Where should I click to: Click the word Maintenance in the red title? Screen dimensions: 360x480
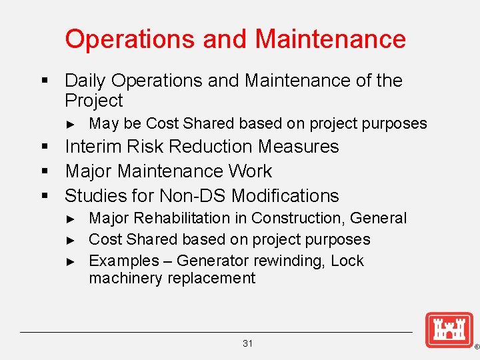coord(330,39)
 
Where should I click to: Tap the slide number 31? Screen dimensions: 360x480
coord(248,343)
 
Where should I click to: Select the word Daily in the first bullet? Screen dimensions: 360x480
coord(85,81)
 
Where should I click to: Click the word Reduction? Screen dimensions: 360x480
coord(213,147)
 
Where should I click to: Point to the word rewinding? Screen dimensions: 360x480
coord(291,261)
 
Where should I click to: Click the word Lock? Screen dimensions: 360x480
coord(347,261)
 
